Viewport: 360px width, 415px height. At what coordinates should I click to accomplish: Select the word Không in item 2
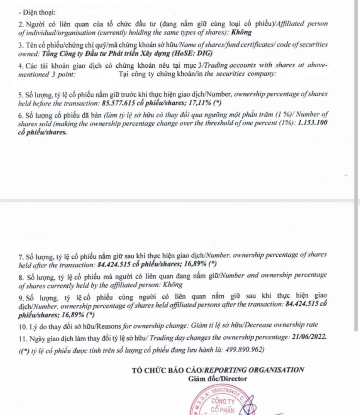coord(242,32)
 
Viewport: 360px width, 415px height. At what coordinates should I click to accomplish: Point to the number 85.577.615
coord(122,103)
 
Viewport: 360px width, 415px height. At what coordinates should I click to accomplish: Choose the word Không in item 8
coord(173,285)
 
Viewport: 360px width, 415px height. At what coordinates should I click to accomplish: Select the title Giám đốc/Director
coord(218,379)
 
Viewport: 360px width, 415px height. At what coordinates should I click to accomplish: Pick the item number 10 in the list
coord(22,325)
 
